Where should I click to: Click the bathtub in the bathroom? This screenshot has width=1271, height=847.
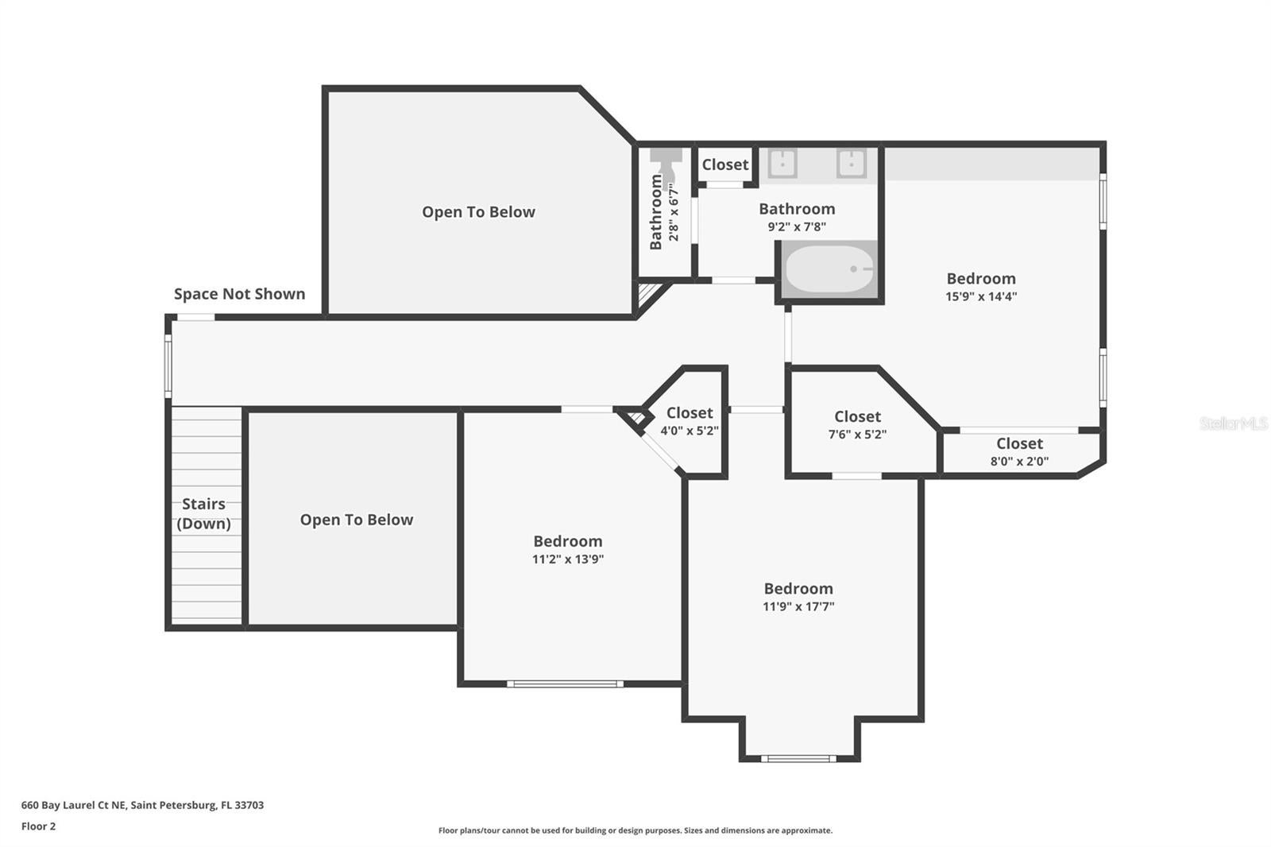tap(829, 269)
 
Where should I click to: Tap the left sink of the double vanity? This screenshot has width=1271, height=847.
tap(782, 163)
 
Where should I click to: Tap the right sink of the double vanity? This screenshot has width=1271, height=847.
tap(851, 163)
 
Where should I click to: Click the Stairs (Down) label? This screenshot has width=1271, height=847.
tap(203, 513)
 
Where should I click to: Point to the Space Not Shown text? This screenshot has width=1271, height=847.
tap(239, 294)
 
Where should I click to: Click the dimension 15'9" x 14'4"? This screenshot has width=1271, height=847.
tap(981, 296)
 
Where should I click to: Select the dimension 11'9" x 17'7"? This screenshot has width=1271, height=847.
tap(798, 606)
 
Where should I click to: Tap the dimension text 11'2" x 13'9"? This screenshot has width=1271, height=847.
tap(567, 559)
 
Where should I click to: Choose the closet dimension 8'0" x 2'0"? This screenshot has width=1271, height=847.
tap(1019, 461)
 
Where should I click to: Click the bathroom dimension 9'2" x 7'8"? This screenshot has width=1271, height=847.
tap(796, 226)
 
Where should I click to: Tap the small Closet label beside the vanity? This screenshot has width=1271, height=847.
tap(724, 164)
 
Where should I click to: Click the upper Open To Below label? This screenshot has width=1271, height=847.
tap(478, 212)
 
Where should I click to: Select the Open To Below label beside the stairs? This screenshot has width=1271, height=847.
tap(356, 520)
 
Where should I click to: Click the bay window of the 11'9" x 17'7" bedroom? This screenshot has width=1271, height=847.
tap(798, 758)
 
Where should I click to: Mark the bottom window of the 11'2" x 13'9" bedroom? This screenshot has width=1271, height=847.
tap(565, 683)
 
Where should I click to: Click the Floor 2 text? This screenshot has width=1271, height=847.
tap(38, 826)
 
